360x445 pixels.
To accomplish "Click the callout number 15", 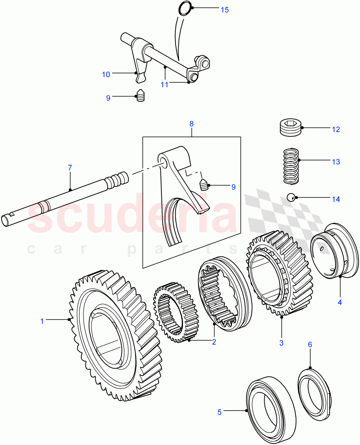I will tap(225, 10).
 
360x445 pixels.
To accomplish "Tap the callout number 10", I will tap(106, 75).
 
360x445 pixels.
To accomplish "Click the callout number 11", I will tap(164, 85).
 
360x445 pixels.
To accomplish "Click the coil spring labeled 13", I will tap(291, 165).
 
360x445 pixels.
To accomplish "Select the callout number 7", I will tap(70, 168).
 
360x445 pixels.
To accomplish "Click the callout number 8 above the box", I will tap(192, 123).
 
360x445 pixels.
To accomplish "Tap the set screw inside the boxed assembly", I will tap(204, 184).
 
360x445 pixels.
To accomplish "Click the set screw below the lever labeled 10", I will tap(140, 96).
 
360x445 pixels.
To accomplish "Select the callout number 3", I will tap(281, 343).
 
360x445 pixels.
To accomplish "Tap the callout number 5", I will tap(219, 412).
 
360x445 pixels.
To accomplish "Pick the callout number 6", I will tap(310, 345).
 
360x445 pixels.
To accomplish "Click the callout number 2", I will tap(214, 342).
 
